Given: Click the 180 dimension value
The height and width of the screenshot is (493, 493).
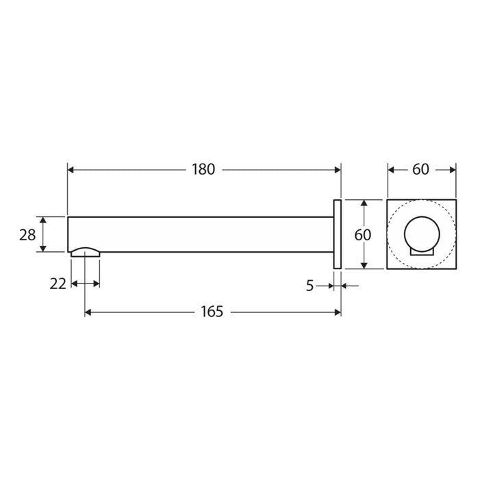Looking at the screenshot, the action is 203,170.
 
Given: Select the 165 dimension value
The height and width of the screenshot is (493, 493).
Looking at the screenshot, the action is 212,312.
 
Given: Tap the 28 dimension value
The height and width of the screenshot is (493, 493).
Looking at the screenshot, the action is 27,235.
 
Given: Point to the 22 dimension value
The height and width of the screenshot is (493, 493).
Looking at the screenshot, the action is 58,284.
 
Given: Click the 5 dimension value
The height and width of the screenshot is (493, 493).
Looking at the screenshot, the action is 310,286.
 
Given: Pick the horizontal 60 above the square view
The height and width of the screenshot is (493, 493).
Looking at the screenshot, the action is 420,170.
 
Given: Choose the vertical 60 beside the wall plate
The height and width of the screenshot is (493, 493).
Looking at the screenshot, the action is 362,235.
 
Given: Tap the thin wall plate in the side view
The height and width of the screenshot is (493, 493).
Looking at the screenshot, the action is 338,234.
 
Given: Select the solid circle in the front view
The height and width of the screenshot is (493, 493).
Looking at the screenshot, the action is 422,233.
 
